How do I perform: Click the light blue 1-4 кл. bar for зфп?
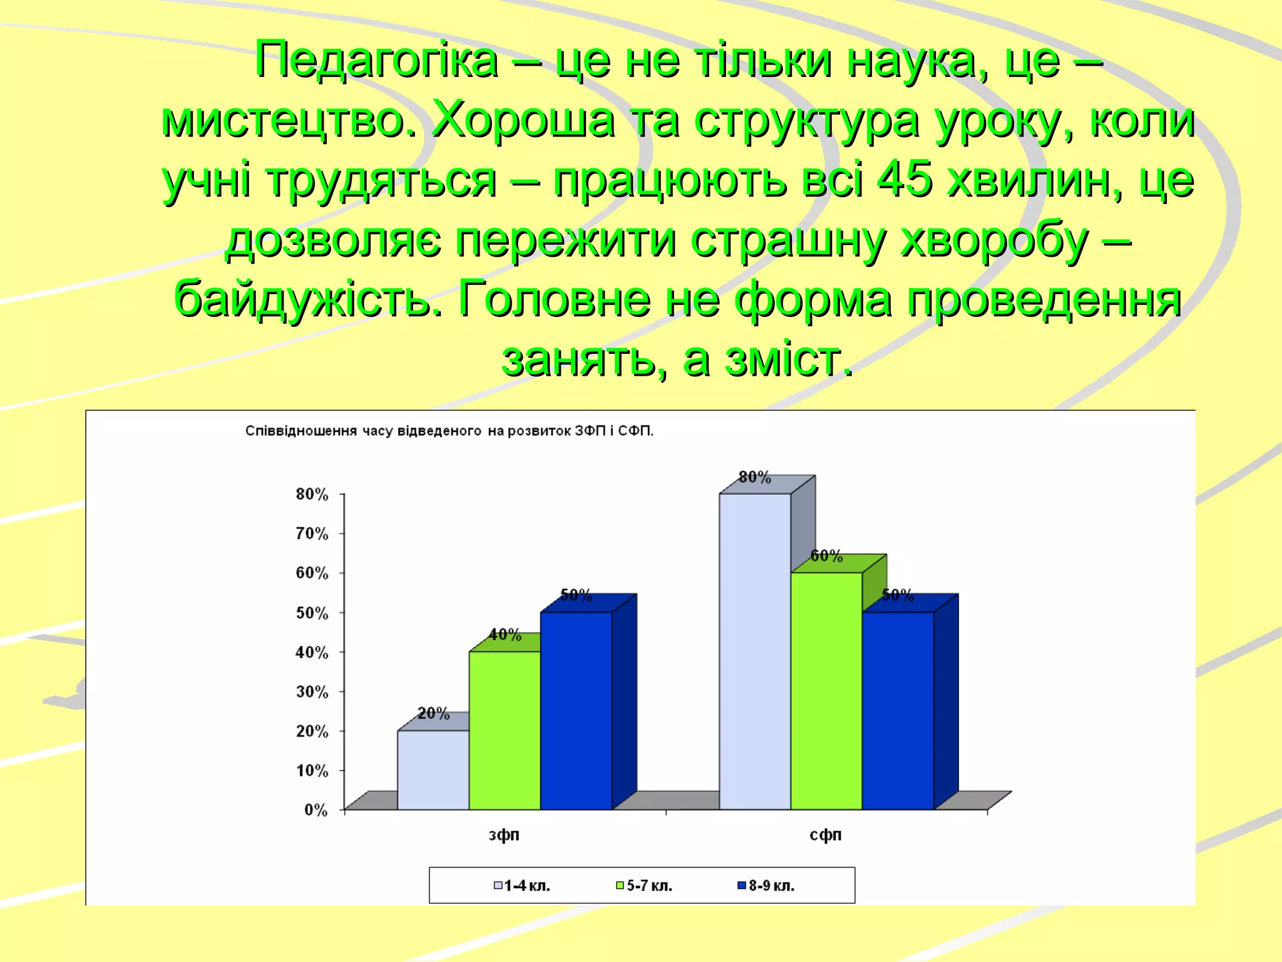[x=433, y=770]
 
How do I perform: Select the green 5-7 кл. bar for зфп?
[x=505, y=730]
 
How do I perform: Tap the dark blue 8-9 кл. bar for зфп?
[x=576, y=710]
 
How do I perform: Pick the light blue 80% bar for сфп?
[x=755, y=651]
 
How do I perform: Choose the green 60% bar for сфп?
[x=826, y=691]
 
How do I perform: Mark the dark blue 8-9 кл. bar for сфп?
[x=898, y=710]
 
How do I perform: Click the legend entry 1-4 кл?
[x=522, y=886]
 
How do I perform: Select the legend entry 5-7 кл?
[x=644, y=886]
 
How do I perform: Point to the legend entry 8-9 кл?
[x=766, y=886]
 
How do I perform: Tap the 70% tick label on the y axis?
[x=312, y=534]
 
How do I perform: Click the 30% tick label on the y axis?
[x=312, y=691]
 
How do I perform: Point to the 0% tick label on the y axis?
[x=315, y=810]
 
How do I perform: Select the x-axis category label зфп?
[x=504, y=835]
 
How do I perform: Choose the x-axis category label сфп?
[x=826, y=835]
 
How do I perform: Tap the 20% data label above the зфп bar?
[x=433, y=713]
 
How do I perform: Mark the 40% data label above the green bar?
[x=505, y=634]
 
